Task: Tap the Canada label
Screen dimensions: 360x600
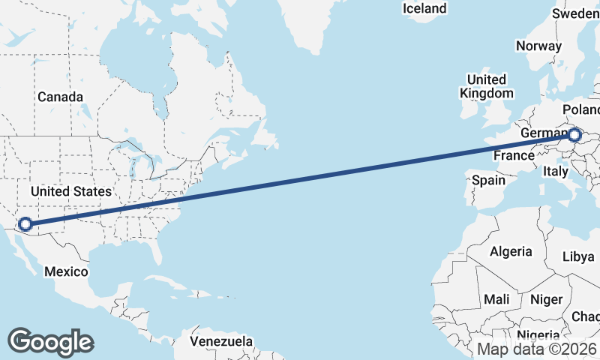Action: [x=61, y=97]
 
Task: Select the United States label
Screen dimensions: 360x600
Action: [x=71, y=191]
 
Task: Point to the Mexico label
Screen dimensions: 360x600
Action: [x=66, y=271]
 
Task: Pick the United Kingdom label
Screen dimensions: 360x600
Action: [x=487, y=86]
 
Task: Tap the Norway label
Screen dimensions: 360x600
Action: [x=538, y=46]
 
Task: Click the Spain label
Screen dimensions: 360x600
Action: [x=489, y=180]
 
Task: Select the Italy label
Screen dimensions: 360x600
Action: [x=556, y=172]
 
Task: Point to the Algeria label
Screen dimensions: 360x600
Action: [x=511, y=252]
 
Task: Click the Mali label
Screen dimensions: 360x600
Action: [x=496, y=299]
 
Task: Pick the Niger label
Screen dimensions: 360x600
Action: [x=546, y=299]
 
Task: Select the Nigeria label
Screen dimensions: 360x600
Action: [x=538, y=335]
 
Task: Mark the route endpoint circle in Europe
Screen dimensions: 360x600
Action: [x=574, y=136]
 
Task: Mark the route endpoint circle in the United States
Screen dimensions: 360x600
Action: [x=25, y=223]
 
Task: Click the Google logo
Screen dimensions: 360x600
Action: [x=50, y=341]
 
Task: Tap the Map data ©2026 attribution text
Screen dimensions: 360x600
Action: [x=537, y=349]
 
